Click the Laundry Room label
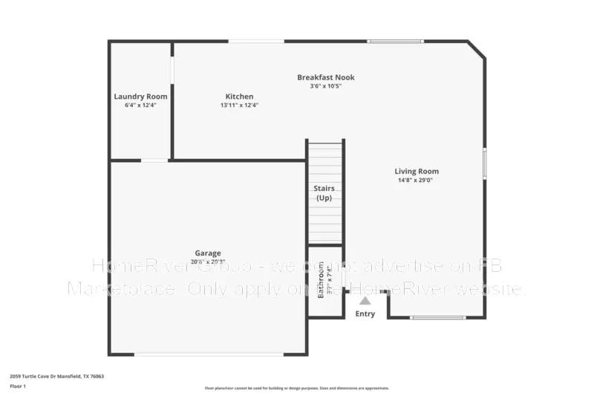pos(140,97)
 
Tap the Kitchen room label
pos(239,97)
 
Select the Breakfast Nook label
pos(325,77)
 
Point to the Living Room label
pos(417,172)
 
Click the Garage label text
pos(208,253)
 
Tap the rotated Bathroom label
pos(322,282)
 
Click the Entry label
pos(365,314)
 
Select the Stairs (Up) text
pos(324,193)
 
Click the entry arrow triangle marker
pos(365,301)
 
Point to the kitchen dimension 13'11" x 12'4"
pos(239,106)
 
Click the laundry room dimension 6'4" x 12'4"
pos(140,106)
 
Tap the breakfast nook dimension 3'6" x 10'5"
pos(325,86)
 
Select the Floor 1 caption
pos(18,387)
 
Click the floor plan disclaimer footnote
pos(296,388)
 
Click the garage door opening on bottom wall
pos(209,354)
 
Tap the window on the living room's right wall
pos(485,163)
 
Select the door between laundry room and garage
pos(154,160)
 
